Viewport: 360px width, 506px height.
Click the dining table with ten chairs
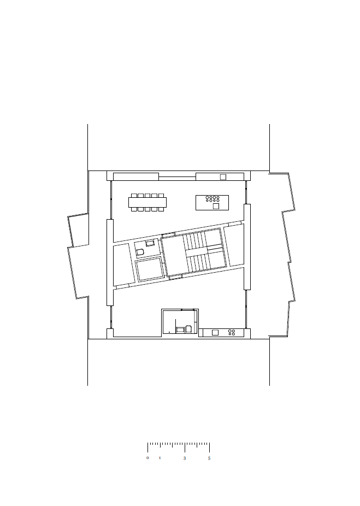pos(147,202)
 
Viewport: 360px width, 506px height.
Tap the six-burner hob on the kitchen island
pos(213,199)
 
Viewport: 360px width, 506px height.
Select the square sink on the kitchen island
pos(216,206)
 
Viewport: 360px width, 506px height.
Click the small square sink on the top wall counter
pos(223,177)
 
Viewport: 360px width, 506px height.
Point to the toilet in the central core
pos(140,252)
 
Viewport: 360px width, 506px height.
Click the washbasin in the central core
pos(150,243)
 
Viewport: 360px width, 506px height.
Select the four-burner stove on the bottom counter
pos(232,332)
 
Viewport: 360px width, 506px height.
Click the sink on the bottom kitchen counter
pos(215,332)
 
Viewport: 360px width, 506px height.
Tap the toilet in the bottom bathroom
pos(189,329)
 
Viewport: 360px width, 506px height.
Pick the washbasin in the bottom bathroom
pos(180,330)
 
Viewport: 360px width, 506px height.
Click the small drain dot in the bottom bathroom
pos(169,332)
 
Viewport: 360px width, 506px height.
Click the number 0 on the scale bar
pos(147,458)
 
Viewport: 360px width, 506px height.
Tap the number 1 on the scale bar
pos(160,458)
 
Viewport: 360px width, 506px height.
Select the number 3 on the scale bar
pos(185,458)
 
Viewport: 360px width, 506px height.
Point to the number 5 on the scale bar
pos(209,458)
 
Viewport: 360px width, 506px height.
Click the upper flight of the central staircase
pos(195,240)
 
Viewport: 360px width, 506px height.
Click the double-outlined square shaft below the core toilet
pos(149,268)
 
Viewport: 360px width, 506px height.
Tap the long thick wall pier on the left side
pos(110,262)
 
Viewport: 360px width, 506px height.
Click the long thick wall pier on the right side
pos(247,247)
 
